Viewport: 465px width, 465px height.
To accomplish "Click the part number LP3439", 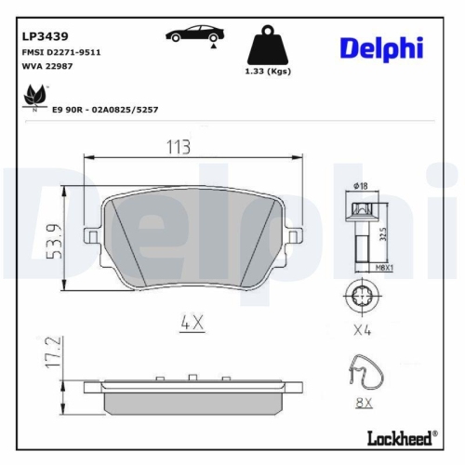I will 41,36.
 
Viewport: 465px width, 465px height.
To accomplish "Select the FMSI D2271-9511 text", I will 60,53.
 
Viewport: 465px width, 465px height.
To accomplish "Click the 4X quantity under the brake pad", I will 192,325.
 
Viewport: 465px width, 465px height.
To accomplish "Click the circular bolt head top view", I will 360,296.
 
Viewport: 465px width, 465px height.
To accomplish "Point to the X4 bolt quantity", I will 363,330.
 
